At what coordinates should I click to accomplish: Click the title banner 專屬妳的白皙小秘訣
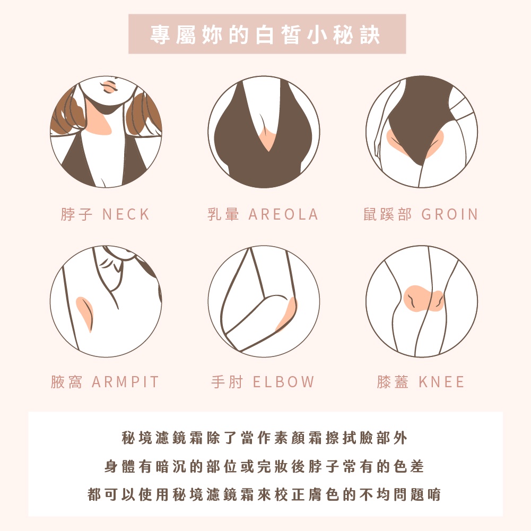[x=267, y=34]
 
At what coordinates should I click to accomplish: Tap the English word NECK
[x=126, y=214]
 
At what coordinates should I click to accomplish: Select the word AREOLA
[x=283, y=214]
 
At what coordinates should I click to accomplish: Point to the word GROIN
[x=450, y=214]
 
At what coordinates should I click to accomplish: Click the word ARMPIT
[x=125, y=382]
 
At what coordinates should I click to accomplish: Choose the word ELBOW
[x=284, y=382]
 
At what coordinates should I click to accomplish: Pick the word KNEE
[x=441, y=382]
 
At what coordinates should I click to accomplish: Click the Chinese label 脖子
[x=76, y=214]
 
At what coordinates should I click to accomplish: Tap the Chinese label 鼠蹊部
[x=388, y=214]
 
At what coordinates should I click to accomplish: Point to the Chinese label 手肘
[x=227, y=382]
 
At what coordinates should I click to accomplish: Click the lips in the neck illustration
[x=109, y=86]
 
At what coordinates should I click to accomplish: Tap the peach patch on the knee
[x=423, y=299]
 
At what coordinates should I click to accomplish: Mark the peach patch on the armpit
[x=85, y=311]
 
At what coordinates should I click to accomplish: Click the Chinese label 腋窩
[x=67, y=382]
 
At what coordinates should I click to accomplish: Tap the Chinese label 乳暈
[x=223, y=214]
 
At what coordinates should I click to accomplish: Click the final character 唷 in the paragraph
[x=434, y=494]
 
